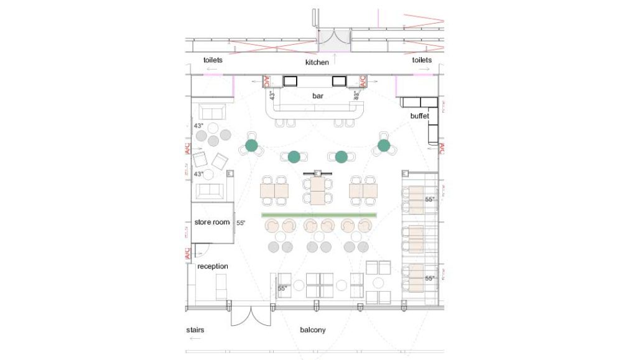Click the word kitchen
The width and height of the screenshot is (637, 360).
[x=317, y=63]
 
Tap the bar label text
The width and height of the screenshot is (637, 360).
[x=318, y=96]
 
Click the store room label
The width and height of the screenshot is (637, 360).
[x=212, y=222]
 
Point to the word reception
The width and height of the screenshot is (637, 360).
[x=213, y=266]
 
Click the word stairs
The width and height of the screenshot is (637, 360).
[x=195, y=330]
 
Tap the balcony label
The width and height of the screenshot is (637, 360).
[x=312, y=330]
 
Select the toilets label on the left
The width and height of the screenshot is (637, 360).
[x=213, y=60]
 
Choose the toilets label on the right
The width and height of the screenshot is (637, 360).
[x=422, y=60]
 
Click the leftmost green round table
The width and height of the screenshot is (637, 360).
[x=251, y=145]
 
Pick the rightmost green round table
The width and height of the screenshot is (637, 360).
[x=384, y=146]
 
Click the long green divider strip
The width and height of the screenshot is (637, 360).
[x=319, y=215]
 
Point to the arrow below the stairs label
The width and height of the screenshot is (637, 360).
[x=195, y=339]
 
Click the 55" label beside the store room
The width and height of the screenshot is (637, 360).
[x=241, y=223]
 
